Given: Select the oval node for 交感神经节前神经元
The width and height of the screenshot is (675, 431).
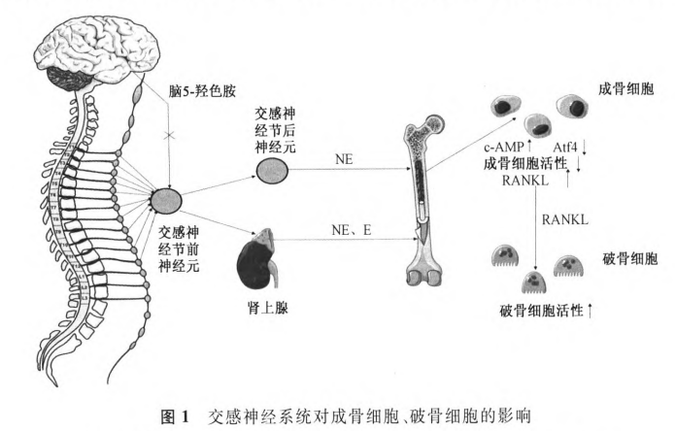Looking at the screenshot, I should coord(167,201).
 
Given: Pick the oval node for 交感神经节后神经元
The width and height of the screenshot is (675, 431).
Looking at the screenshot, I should coord(272,172).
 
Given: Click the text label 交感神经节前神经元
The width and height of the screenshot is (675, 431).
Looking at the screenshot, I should coord(179,249).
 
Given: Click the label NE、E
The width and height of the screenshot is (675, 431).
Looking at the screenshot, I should coord(352,229).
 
